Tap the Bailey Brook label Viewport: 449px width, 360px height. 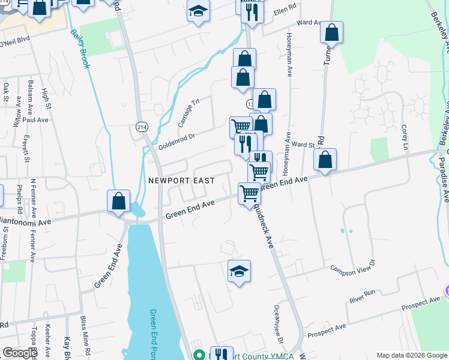click(80, 48)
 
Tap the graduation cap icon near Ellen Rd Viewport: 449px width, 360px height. click(198, 11)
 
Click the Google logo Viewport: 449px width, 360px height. click(20, 353)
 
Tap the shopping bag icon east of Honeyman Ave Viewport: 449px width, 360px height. click(325, 159)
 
